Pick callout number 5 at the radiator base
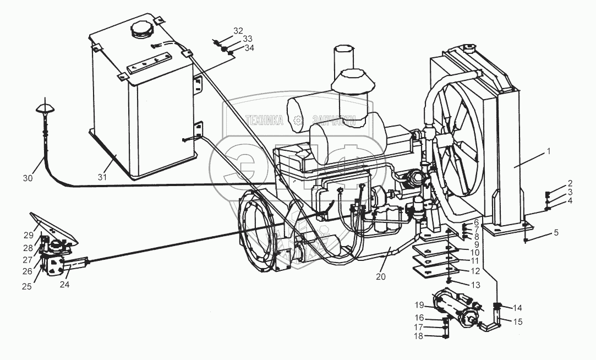(x=556, y=232)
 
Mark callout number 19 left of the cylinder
(x=419, y=304)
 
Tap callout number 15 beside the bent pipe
(x=518, y=321)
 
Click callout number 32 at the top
(x=238, y=30)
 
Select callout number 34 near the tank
(x=249, y=48)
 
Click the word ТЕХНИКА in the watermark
(x=265, y=121)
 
